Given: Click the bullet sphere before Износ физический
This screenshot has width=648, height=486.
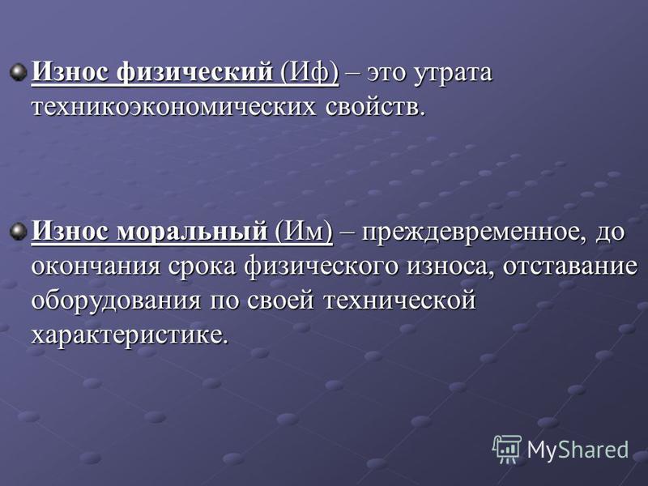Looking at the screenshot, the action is tap(19, 73).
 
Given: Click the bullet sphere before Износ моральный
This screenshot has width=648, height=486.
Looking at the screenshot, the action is tap(19, 232).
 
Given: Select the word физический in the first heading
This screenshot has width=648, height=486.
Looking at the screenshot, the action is tap(194, 73).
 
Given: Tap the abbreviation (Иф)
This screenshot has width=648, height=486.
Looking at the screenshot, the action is tap(309, 73).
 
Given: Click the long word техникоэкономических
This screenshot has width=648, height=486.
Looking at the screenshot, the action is tap(173, 108).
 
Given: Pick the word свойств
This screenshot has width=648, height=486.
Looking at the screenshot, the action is tap(375, 108).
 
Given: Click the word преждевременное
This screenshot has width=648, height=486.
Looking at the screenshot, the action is tap(475, 232).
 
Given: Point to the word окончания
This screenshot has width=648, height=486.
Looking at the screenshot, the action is tap(96, 266).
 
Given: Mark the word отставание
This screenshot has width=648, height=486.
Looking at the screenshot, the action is tap(570, 266).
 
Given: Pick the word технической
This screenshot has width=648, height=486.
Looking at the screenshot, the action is tap(399, 301).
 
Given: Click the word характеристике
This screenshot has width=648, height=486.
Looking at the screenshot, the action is tap(130, 335).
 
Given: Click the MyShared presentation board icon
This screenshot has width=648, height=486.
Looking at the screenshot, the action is tap(507, 450).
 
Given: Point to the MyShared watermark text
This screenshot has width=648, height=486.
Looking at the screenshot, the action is tap(578, 450).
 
